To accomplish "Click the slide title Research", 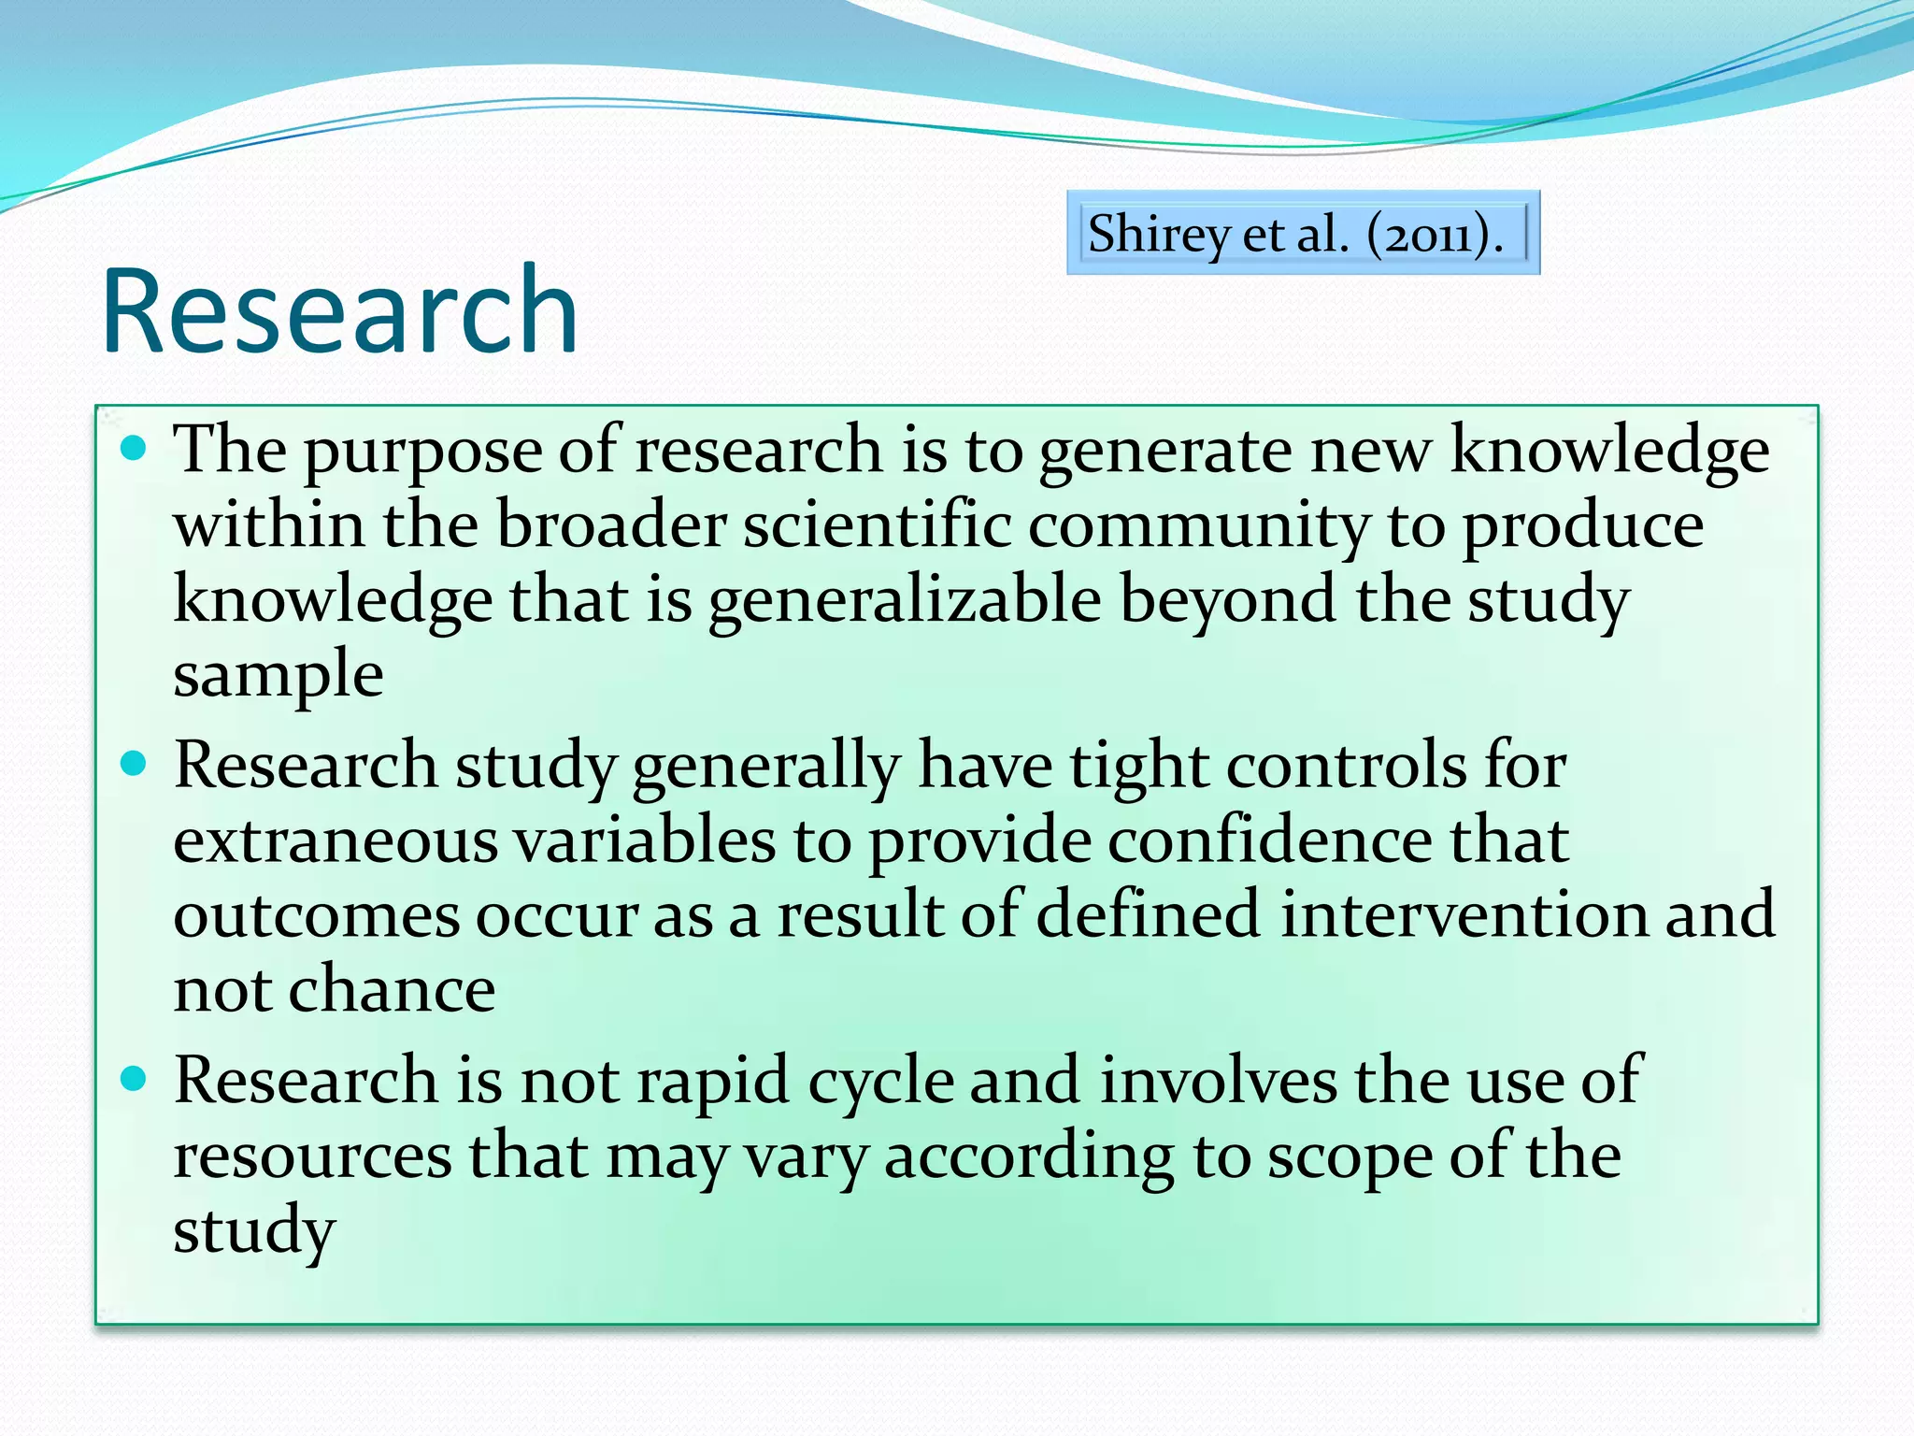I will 339,311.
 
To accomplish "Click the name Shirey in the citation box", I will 1159,234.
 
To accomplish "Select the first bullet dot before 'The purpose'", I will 135,449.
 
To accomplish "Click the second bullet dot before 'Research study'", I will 135,764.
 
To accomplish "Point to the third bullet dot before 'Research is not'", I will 135,1079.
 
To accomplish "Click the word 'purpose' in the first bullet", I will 422,453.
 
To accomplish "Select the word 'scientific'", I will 877,525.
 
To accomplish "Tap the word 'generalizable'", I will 905,601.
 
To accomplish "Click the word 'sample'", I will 279,676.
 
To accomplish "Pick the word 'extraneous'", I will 336,840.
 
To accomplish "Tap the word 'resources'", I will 312,1156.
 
